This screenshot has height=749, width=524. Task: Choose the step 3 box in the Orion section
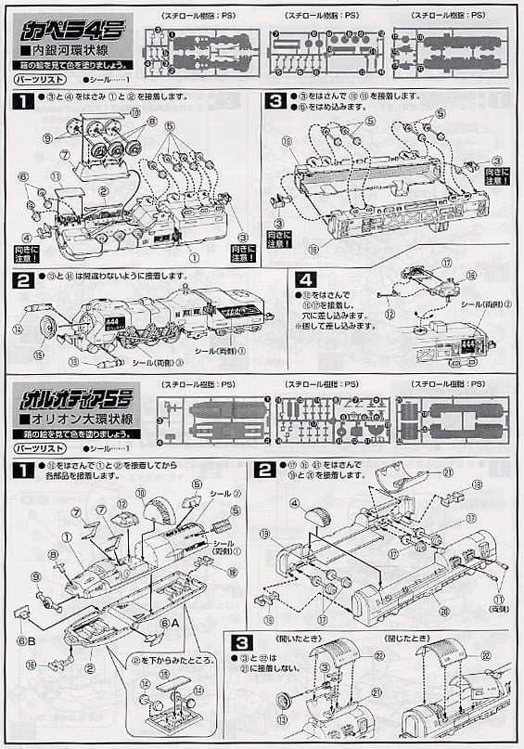pyautogui.click(x=239, y=641)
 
